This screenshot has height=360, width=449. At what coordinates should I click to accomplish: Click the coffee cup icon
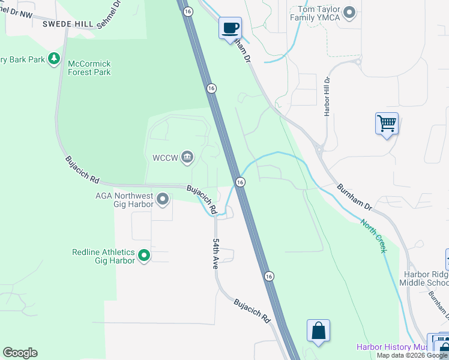[230, 28]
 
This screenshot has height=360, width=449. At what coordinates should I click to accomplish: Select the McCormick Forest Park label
[89, 67]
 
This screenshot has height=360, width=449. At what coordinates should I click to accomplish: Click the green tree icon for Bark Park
[55, 58]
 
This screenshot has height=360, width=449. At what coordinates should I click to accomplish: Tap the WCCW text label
[165, 158]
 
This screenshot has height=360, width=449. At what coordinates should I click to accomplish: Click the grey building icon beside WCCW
[187, 157]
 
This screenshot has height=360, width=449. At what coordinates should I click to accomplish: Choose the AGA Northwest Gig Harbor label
[124, 200]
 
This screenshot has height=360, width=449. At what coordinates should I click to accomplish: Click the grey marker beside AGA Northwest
[162, 199]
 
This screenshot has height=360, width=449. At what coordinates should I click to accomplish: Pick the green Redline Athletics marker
[144, 256]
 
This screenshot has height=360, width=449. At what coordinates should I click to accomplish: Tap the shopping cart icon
[387, 124]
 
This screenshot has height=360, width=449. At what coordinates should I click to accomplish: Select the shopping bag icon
[318, 331]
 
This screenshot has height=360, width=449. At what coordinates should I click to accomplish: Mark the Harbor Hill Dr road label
[328, 96]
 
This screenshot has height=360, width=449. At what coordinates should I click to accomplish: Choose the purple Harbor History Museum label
[392, 347]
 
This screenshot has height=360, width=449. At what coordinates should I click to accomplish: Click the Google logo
[20, 353]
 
